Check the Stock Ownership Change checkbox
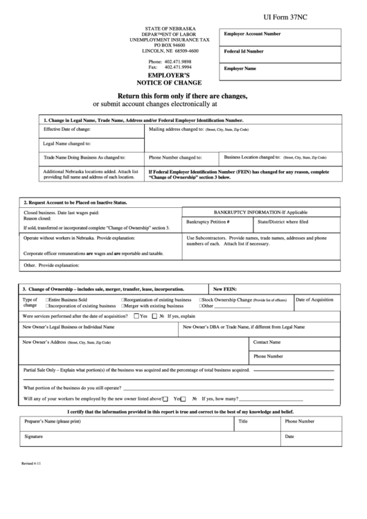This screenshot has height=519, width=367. click(x=201, y=300)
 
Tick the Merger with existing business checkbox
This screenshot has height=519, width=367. click(x=123, y=306)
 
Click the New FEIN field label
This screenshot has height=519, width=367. click(x=226, y=288)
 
